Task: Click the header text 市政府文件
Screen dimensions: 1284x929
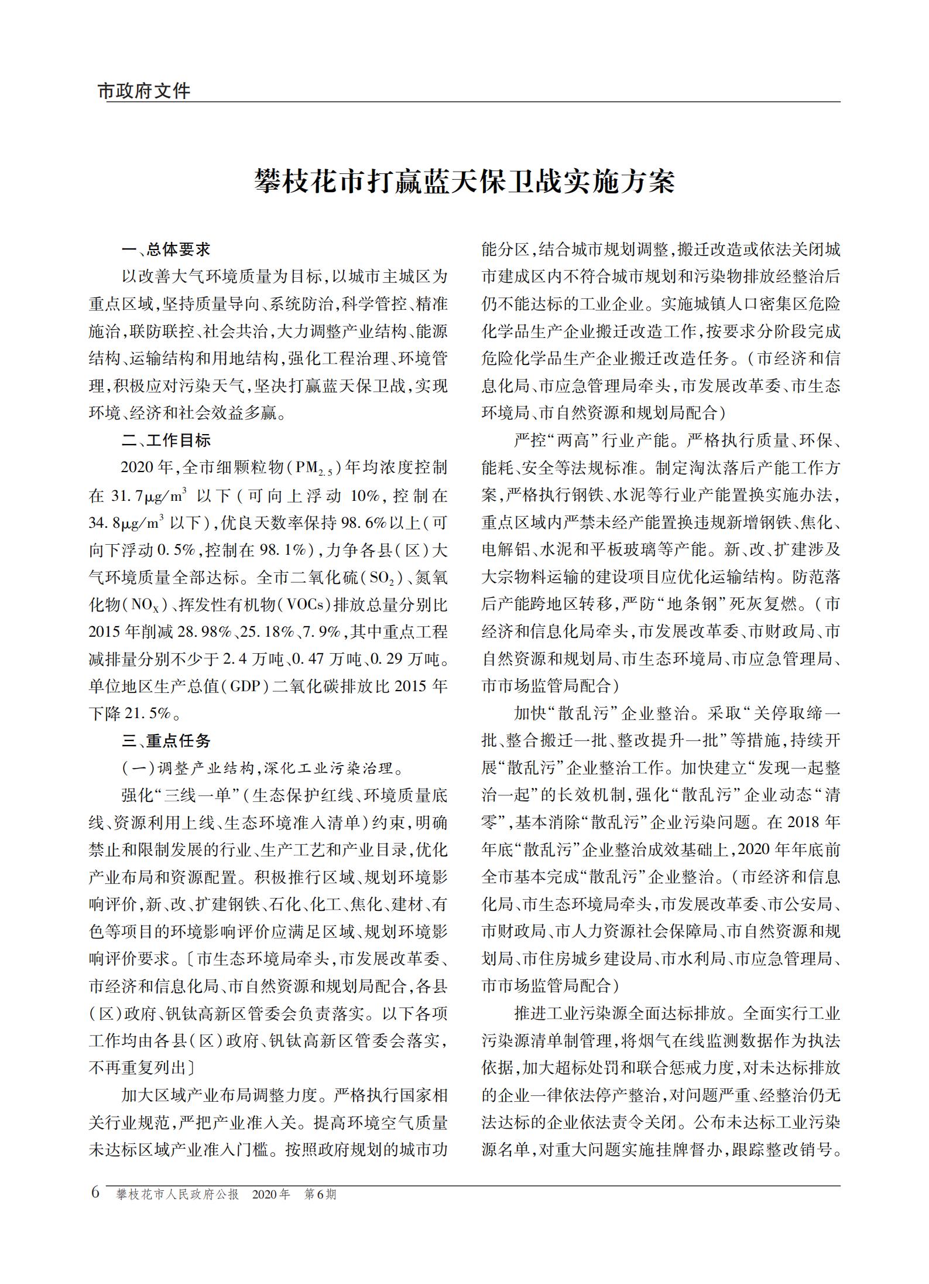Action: pos(144,91)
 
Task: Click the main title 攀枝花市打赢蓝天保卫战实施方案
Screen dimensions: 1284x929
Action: pos(464,182)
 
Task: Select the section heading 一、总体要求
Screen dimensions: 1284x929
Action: pos(166,250)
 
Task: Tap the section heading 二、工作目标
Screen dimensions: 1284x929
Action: pos(166,440)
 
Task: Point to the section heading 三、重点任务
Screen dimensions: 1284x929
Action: pos(166,740)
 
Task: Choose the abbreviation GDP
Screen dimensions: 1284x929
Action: pos(245,686)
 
